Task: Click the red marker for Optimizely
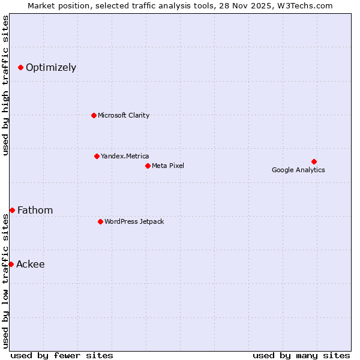20,67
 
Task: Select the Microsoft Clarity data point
94,115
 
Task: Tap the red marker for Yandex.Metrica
97,156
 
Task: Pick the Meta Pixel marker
148,166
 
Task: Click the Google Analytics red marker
314,161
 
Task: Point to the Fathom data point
12,210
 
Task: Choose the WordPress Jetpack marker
100,221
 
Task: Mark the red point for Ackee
11,264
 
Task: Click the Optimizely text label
51,67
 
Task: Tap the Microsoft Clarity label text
124,115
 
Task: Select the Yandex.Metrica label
125,156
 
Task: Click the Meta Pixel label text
168,166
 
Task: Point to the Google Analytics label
298,170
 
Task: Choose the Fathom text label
35,210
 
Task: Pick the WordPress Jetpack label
134,221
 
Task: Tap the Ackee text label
30,264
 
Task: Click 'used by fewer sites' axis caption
62,355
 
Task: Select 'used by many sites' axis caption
301,355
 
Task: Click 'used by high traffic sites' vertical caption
5,85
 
